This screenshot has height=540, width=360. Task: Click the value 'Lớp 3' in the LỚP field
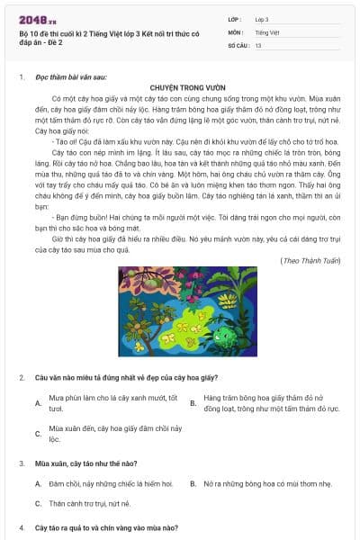(262, 18)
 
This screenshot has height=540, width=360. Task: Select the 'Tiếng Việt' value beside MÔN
(266, 31)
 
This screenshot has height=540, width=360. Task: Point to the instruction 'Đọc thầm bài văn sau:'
(66, 77)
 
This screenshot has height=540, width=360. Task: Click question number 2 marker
(21, 376)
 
